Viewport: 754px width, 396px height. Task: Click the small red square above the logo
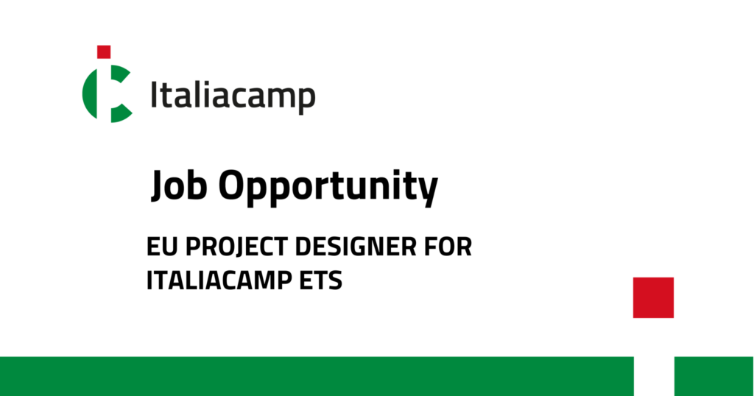click(104, 52)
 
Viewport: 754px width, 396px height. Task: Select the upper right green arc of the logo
click(120, 74)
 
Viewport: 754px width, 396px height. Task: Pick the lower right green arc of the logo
click(120, 113)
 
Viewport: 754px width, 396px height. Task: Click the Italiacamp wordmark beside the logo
click(233, 96)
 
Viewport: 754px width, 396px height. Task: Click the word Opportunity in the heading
click(328, 188)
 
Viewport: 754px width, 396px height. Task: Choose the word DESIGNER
click(356, 247)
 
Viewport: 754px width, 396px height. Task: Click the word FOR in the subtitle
click(448, 247)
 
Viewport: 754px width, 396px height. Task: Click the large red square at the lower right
click(653, 297)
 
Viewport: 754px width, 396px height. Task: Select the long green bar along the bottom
click(317, 376)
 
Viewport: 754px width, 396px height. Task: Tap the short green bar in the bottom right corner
click(714, 376)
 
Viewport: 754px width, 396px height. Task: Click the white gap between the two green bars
click(654, 376)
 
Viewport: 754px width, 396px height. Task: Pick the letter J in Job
click(159, 186)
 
